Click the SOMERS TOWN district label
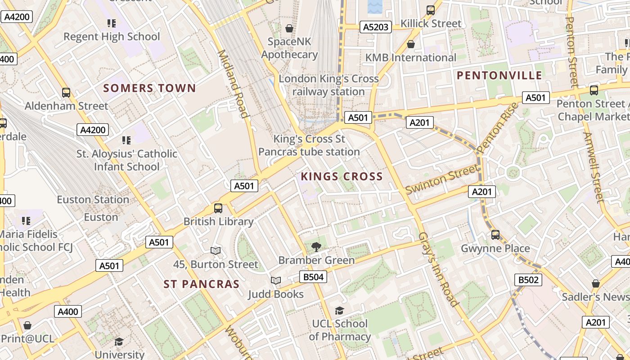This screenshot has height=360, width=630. pos(149,88)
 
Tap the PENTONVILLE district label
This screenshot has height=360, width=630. pos(499,75)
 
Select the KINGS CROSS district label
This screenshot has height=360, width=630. pos(342,176)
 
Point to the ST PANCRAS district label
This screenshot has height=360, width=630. pos(201,284)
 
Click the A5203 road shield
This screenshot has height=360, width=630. pos(375,27)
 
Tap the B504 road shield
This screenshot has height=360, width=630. pos(313,277)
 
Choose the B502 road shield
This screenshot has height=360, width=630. pos(528,280)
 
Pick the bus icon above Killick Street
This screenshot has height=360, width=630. pos(431,10)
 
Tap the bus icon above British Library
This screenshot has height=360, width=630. pos(218,208)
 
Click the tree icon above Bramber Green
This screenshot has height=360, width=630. pos(316,246)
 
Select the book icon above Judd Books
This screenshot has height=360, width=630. pos(276,280)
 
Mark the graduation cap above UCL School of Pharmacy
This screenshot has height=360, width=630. pos(339,310)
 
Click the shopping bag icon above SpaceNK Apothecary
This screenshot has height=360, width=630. pos(289,28)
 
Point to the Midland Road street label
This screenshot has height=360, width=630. pos(233,84)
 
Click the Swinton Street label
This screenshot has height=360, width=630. pos(442,179)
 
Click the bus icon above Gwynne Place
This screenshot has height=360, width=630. pos(495,234)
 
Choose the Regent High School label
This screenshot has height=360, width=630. pos(112,37)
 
